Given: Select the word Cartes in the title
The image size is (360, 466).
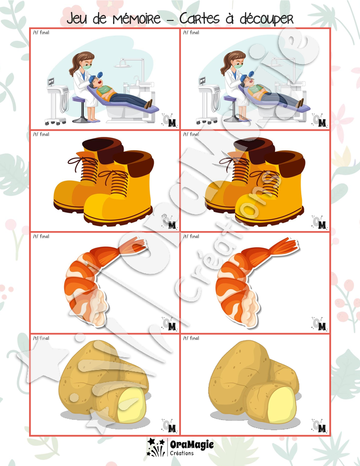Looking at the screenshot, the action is point(199,18).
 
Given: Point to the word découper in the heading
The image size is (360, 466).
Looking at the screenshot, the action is point(267,19).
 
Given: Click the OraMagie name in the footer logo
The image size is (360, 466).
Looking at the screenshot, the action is point(192,445).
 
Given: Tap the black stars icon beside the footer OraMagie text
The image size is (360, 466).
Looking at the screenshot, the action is point(156,447).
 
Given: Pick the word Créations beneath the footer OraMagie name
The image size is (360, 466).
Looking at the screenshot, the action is point(182,453).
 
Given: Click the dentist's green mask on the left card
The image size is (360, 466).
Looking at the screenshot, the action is point(87,67).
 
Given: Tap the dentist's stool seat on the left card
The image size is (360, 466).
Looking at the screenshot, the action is point(79,99).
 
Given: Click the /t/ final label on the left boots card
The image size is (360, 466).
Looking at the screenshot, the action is point(41,134).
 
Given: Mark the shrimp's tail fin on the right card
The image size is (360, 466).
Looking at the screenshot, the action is point(285,246).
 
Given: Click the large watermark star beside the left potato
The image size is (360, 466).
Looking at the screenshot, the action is point(42,361).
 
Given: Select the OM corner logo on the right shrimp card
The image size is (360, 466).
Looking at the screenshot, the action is point(320,324).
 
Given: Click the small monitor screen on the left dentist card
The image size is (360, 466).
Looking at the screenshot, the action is point(51,81).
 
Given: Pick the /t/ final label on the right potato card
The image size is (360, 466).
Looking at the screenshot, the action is point(191,338).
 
